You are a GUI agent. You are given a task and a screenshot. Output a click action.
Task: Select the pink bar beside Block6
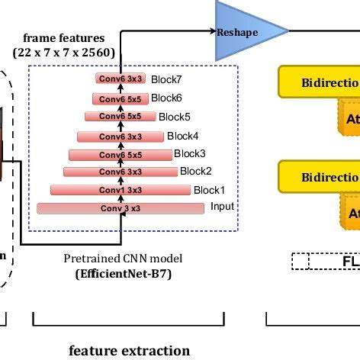point(119,98)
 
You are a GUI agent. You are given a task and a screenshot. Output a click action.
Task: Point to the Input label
point(222,207)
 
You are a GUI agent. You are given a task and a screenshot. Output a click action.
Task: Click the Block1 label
point(209,189)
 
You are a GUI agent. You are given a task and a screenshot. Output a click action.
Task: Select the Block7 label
point(166,79)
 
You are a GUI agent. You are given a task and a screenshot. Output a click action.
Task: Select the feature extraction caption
point(129,351)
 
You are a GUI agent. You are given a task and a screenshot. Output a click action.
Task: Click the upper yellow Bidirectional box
point(320,81)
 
